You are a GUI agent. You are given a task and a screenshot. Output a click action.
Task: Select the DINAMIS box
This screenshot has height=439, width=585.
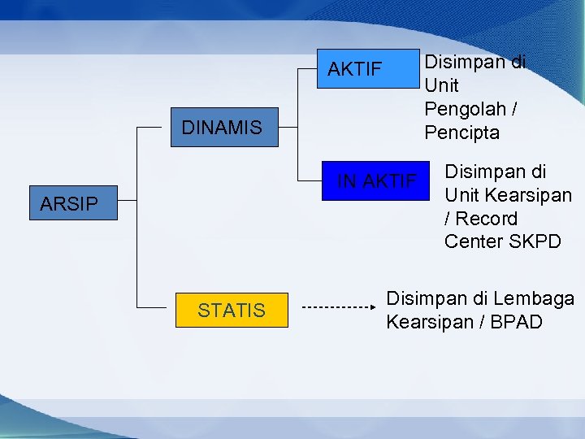223,128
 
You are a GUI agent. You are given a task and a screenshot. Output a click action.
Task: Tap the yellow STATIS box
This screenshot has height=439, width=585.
232,310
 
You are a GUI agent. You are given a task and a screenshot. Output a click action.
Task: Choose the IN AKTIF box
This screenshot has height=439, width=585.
376,180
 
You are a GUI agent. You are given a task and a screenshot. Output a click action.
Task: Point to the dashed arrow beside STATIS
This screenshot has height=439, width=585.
337,308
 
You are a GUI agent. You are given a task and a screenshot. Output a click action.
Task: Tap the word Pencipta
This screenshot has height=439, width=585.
461,132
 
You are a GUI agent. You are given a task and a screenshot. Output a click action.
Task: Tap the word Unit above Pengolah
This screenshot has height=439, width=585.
441,85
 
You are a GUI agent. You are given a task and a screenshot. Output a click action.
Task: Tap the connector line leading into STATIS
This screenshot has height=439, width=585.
154,309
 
